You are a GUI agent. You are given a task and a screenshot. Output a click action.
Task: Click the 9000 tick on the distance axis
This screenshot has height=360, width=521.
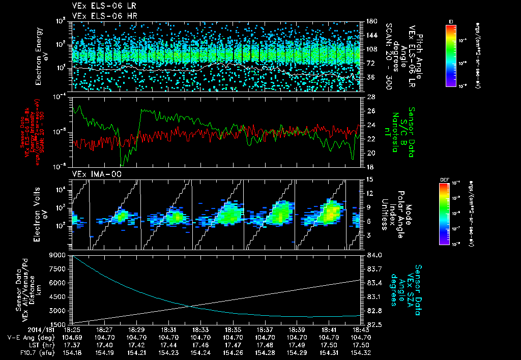59,255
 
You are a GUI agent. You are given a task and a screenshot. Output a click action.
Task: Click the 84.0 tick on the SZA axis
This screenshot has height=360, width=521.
374,255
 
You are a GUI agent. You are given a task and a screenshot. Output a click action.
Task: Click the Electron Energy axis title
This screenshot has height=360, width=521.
39,56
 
